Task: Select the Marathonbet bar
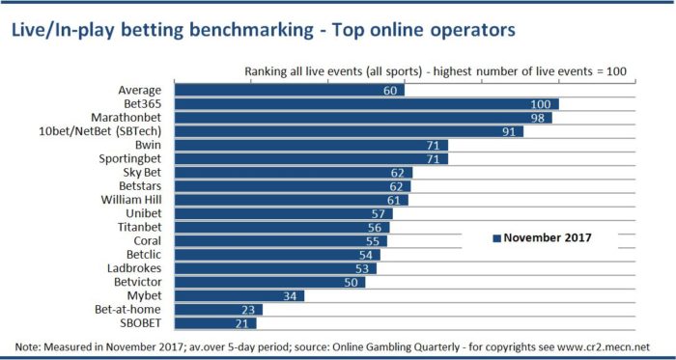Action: click(363, 118)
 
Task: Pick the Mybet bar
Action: click(239, 295)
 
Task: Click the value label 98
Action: click(540, 118)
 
